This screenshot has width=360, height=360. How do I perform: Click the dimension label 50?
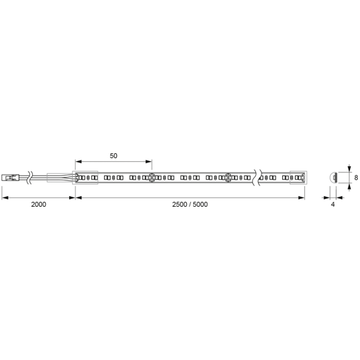tap(113, 156)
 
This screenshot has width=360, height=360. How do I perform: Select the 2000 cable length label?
tap(38, 205)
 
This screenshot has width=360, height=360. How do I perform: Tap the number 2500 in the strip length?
tap(180, 205)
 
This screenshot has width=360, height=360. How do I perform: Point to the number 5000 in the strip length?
tap(200, 205)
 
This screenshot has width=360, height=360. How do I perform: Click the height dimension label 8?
tap(356, 178)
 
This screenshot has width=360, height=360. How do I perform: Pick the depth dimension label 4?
tap(333, 205)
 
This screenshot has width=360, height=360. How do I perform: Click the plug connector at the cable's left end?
tap(11, 178)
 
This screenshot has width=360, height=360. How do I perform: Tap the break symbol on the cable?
tap(30, 178)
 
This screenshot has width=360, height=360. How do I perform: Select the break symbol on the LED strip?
tap(257, 178)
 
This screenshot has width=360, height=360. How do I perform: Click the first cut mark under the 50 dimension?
tap(152, 178)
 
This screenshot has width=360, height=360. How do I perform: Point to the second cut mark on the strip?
tap(228, 178)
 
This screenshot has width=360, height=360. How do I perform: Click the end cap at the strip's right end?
tap(298, 178)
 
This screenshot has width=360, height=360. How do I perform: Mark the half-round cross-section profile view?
tap(333, 178)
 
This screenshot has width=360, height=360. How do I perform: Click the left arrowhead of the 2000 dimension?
tap(5, 197)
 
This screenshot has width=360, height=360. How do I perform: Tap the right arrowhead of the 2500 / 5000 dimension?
tap(302, 197)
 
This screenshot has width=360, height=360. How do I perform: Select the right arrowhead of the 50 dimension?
tap(149, 162)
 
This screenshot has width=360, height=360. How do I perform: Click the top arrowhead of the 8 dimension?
tap(349, 168)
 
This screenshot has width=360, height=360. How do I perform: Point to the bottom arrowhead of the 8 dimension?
tap(349, 186)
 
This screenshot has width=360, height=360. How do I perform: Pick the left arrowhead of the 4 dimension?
tap(326, 197)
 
